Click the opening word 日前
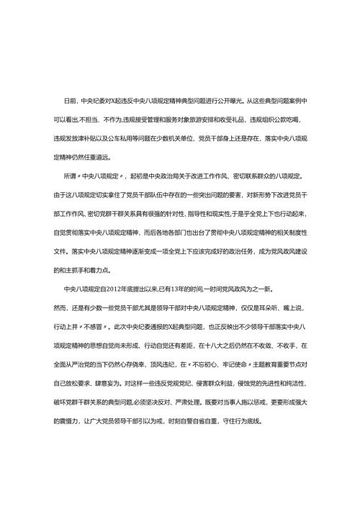(70, 102)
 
